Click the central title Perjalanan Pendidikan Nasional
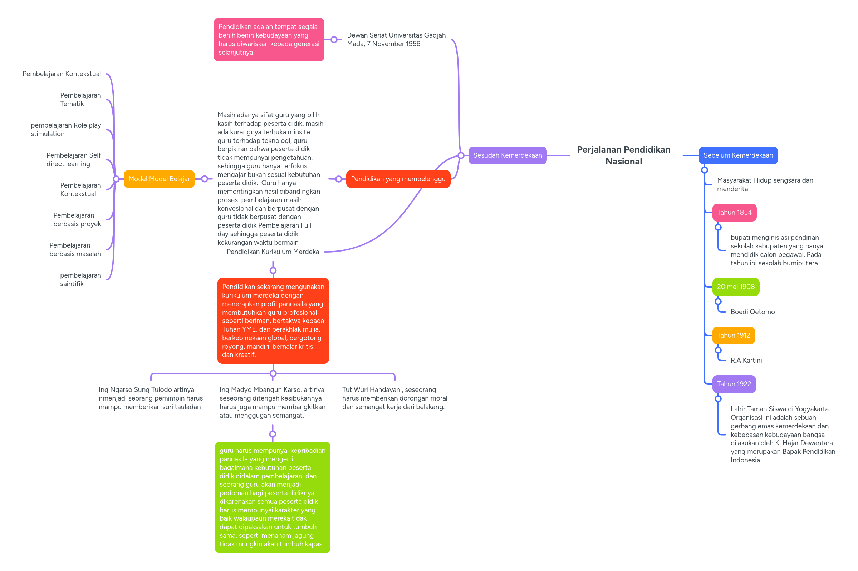(x=623, y=155)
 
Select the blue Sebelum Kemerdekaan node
(x=738, y=155)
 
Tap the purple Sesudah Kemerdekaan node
(x=507, y=155)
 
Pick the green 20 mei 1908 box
(x=735, y=287)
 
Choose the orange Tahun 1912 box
(x=733, y=335)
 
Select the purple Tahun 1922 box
(x=733, y=384)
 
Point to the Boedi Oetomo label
(x=752, y=312)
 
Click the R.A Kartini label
(x=746, y=360)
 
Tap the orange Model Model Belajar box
(x=159, y=179)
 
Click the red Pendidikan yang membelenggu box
(x=398, y=179)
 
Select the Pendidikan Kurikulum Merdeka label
(x=273, y=252)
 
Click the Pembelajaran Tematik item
(x=80, y=99)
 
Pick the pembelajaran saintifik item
(x=80, y=279)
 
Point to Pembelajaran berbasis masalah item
(x=75, y=249)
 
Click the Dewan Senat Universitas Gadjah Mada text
(x=396, y=39)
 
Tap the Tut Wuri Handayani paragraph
(x=394, y=398)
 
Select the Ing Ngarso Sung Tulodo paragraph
(x=150, y=398)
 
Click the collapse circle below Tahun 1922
(x=718, y=399)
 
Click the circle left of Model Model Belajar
(x=116, y=179)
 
